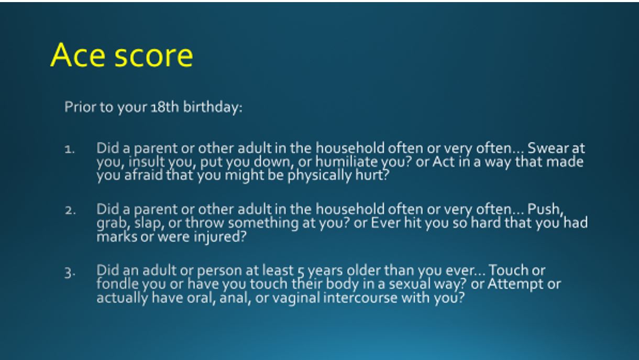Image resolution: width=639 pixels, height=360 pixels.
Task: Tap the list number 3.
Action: (70, 274)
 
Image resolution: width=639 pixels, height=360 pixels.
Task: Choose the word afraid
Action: (138, 175)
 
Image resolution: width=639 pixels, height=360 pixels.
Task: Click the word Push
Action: (545, 210)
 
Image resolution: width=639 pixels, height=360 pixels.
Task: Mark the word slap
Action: (148, 223)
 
